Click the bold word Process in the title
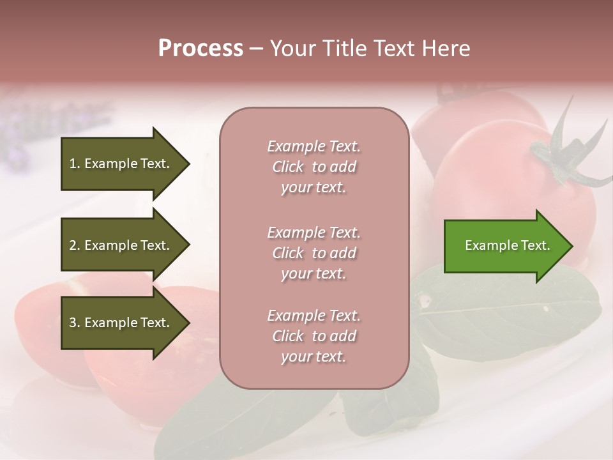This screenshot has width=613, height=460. (x=201, y=49)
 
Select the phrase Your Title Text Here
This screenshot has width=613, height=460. (x=370, y=49)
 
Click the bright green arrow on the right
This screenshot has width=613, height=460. (x=504, y=246)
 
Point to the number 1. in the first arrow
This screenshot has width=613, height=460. (x=75, y=164)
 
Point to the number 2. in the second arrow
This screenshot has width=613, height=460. (x=75, y=245)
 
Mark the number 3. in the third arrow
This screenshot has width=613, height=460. (x=75, y=323)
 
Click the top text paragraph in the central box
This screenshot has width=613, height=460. (x=314, y=167)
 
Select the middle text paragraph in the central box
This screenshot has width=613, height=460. (x=314, y=253)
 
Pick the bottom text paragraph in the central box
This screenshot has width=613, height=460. (x=314, y=336)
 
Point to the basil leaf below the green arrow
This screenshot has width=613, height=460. (x=511, y=313)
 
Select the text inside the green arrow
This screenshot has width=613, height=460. (x=507, y=245)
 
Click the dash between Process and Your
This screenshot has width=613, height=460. (x=256, y=49)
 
